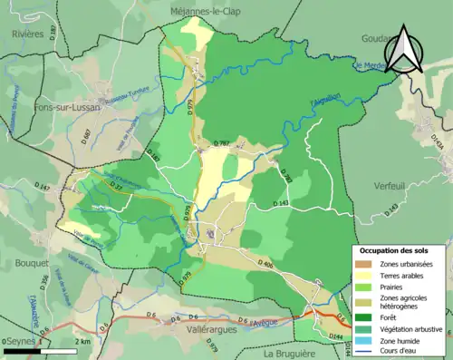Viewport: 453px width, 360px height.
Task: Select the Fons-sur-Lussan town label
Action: [x=37, y=107]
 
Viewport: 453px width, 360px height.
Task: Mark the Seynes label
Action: [x=20, y=340]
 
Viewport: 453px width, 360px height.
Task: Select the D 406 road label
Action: [x=265, y=264]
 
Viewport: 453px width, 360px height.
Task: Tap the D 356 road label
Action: [x=44, y=282]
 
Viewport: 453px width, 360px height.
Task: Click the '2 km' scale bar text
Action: [x=84, y=341]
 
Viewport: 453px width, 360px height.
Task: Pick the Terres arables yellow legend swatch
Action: [x=364, y=275]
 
